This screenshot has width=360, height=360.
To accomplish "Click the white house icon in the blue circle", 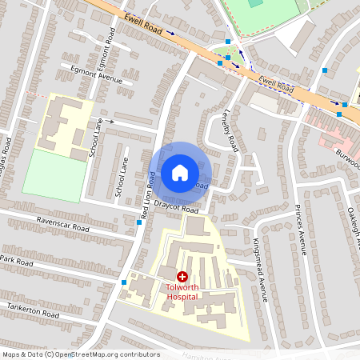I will point(180,172).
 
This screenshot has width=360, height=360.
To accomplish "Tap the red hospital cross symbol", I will point(182,276).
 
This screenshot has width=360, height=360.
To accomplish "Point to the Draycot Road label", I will point(177,209).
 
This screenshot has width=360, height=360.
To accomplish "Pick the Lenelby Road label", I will point(230,133).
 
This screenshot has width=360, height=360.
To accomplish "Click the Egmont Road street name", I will point(106,48).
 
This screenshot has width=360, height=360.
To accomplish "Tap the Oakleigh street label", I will point(352,216).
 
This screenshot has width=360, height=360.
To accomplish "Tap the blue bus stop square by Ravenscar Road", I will point(140,223).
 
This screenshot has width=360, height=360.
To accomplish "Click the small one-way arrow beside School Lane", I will point(110,122).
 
